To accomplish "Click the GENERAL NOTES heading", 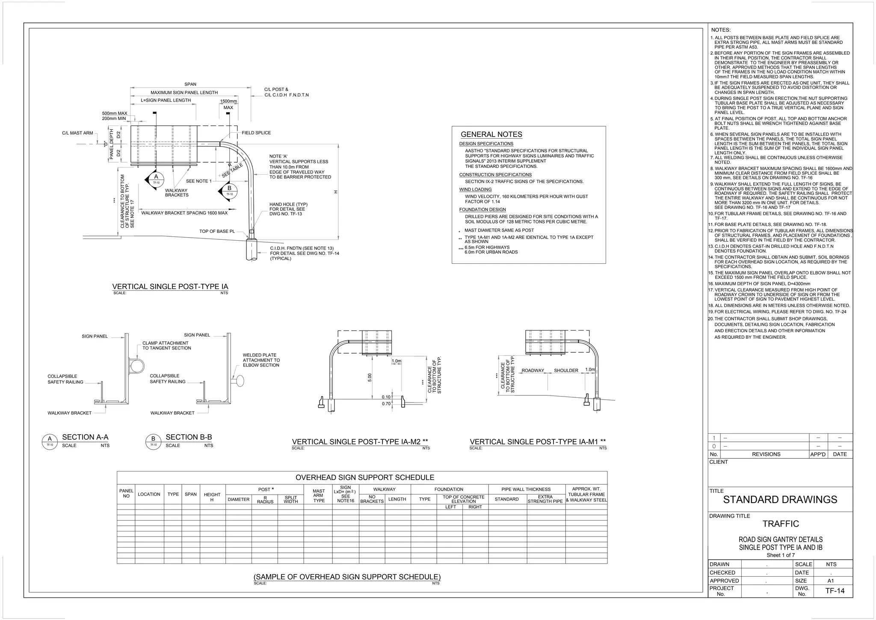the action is (x=491, y=134).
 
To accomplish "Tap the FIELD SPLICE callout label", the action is (x=256, y=133).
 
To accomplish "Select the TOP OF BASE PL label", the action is (x=217, y=231).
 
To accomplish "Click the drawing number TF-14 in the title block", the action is (x=835, y=591).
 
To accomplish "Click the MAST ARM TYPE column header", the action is (x=319, y=496).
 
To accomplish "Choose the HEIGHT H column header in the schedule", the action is (x=212, y=497).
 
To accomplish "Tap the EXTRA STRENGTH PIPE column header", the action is (x=545, y=499).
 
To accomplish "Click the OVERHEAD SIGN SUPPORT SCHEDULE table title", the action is (x=365, y=477).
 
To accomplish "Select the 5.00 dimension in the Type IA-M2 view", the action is (x=370, y=377).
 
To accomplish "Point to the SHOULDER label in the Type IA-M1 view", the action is (x=566, y=370).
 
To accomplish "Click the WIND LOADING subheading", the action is (x=475, y=189).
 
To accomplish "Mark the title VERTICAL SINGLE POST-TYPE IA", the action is (x=170, y=286).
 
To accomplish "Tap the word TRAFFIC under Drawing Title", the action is (x=781, y=524).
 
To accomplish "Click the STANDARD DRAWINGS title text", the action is (x=780, y=500).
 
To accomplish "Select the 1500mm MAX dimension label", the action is (x=228, y=104).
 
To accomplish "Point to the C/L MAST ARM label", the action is (x=77, y=133).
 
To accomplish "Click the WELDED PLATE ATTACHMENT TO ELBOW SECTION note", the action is (x=261, y=360).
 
